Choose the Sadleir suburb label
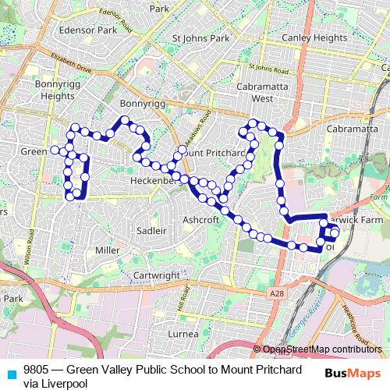coord(151,231)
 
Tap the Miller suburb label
coord(107,250)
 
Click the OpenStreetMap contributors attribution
coord(323,349)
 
